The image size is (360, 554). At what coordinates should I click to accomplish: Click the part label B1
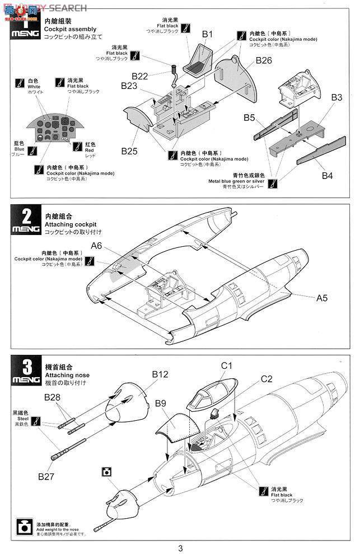[208, 34]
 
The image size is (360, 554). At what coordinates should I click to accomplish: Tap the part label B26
[264, 60]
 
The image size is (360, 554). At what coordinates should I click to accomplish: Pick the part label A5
[321, 298]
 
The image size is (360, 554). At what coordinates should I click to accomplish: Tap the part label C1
[226, 366]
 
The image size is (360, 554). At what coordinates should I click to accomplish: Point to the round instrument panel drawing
[54, 129]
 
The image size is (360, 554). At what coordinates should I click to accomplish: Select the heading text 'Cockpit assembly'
[70, 29]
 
